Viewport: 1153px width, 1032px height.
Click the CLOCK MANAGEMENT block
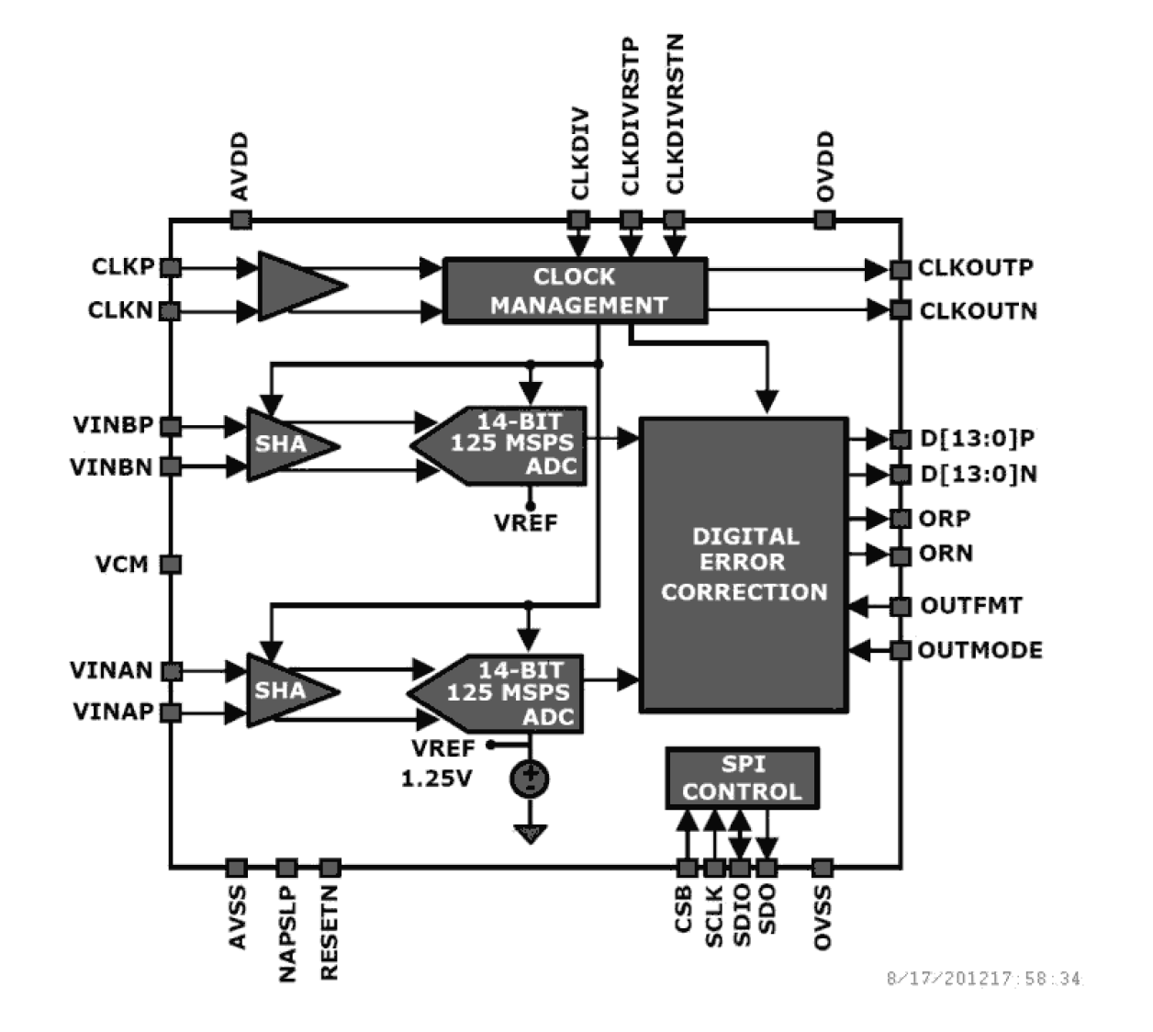[x=575, y=290]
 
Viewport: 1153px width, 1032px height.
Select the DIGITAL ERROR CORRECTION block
[x=744, y=564]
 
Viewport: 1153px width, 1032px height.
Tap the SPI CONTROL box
[x=742, y=778]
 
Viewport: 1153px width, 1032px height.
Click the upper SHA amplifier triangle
[x=284, y=444]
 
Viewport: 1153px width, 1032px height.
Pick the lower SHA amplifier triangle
[x=284, y=690]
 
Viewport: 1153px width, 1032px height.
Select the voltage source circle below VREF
[x=530, y=779]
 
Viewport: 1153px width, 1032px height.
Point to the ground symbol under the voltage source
[x=530, y=833]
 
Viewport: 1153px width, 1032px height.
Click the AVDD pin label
[x=240, y=166]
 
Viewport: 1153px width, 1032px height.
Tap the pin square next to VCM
[x=171, y=564]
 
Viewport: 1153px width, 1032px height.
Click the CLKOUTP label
[x=976, y=268]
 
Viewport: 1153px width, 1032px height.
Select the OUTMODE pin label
[x=980, y=650]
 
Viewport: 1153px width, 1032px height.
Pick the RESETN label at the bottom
[x=330, y=932]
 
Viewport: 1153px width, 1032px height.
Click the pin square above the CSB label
[x=687, y=868]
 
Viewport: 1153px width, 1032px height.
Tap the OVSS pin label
[x=823, y=917]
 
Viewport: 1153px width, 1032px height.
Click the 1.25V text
[x=436, y=779]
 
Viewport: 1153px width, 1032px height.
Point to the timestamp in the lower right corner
[x=984, y=979]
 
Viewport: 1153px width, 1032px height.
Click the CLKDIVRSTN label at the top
[x=675, y=114]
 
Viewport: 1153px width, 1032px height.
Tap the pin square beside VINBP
[x=171, y=426]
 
